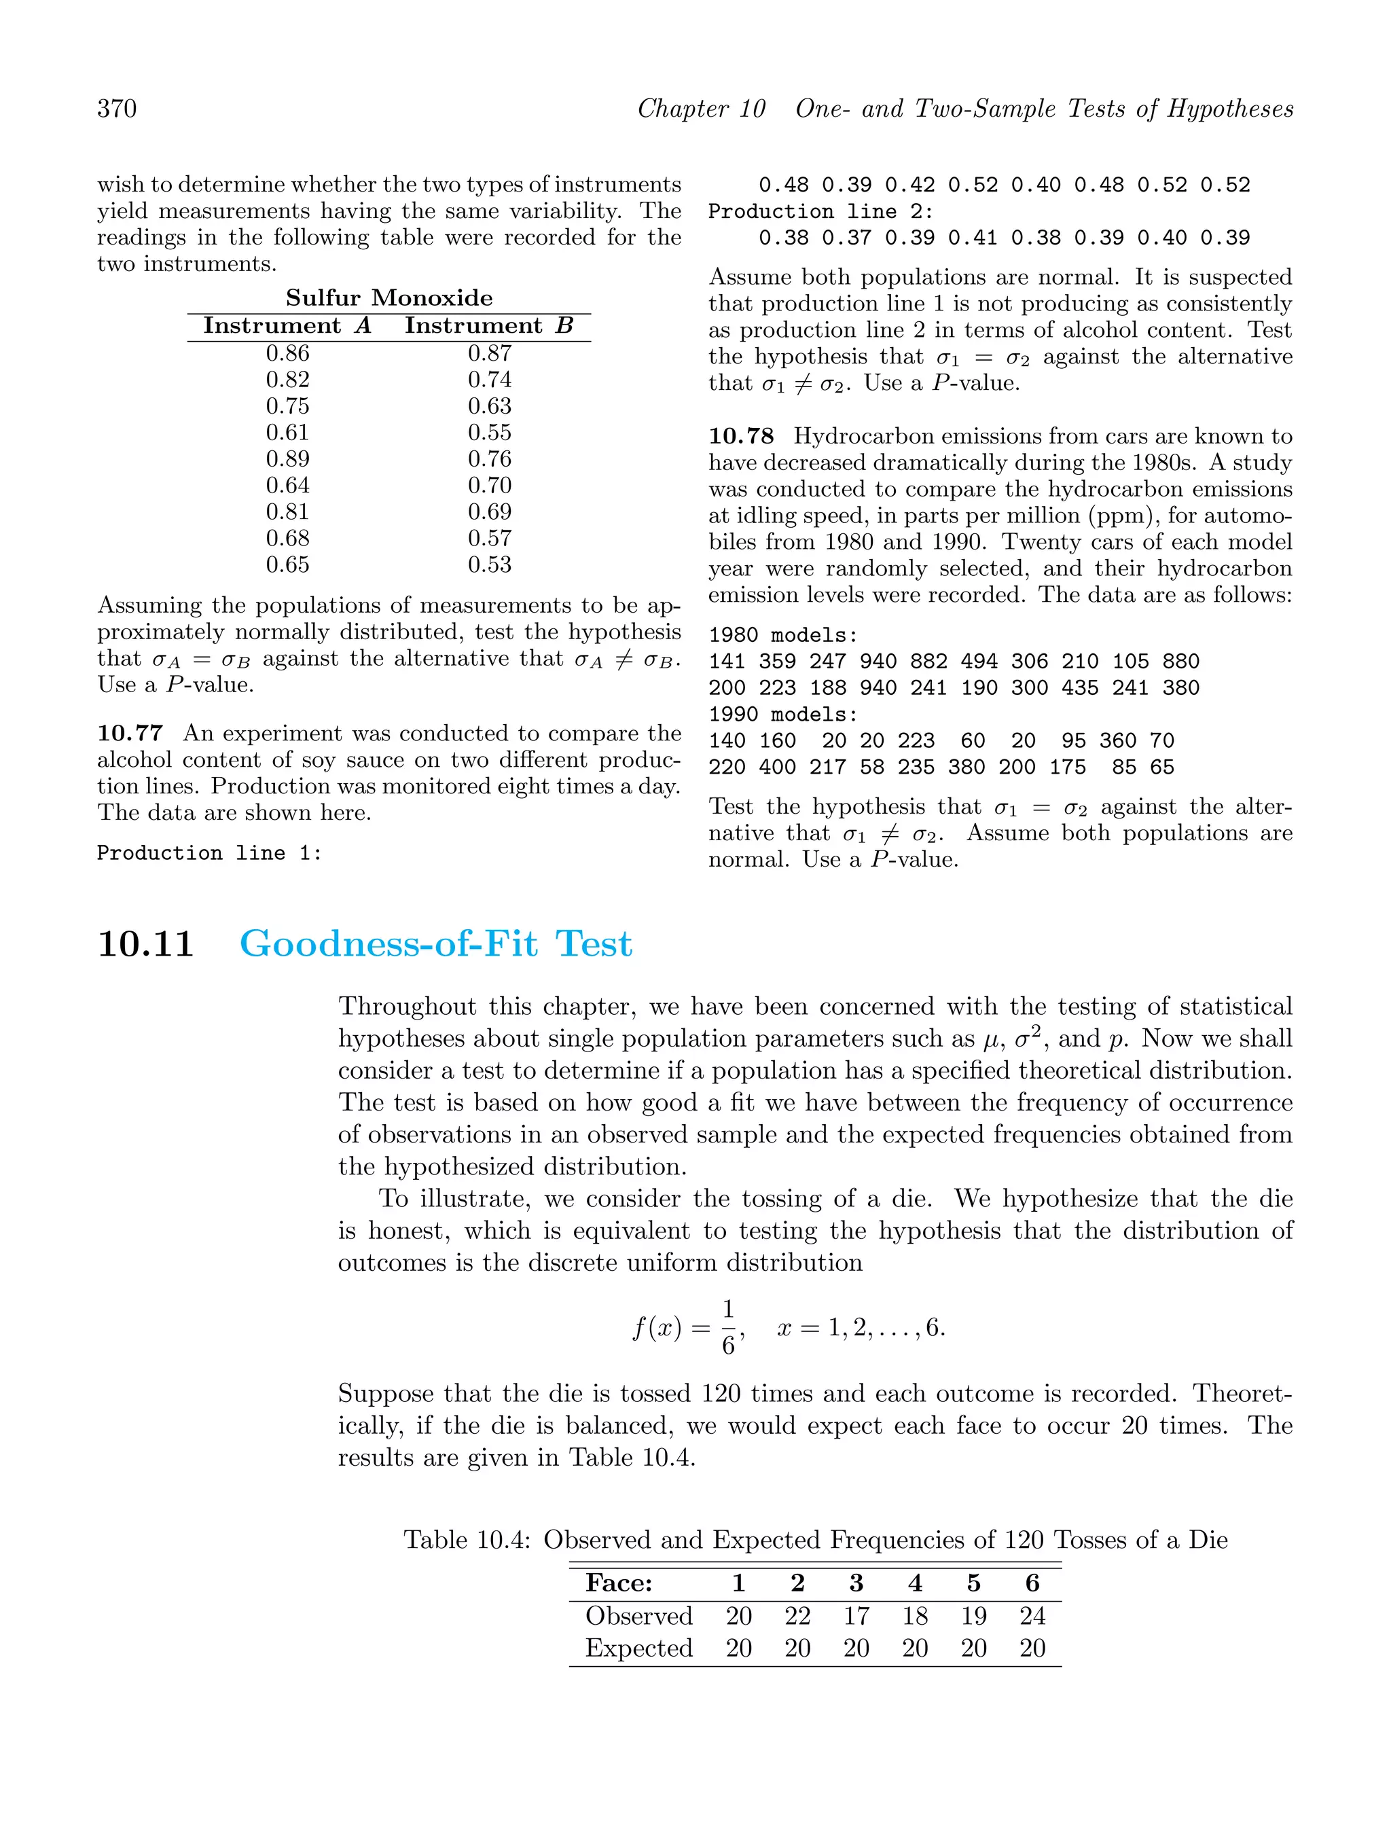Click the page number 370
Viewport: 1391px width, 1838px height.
tap(118, 109)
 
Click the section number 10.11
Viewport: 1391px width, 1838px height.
tap(145, 945)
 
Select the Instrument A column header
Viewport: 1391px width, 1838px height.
tap(287, 326)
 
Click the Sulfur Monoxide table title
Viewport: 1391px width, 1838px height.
tap(389, 298)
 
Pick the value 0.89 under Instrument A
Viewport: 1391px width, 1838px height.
tap(287, 458)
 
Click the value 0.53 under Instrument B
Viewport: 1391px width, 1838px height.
tap(490, 565)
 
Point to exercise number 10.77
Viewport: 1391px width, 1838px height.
tap(130, 734)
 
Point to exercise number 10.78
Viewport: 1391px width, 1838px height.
tap(740, 436)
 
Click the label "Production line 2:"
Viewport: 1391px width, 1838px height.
tap(821, 212)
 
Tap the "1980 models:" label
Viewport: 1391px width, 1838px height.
tap(782, 636)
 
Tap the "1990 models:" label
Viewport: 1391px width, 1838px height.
tap(782, 715)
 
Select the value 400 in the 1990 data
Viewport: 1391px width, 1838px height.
tap(777, 767)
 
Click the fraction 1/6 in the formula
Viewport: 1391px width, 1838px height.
tap(728, 1327)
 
